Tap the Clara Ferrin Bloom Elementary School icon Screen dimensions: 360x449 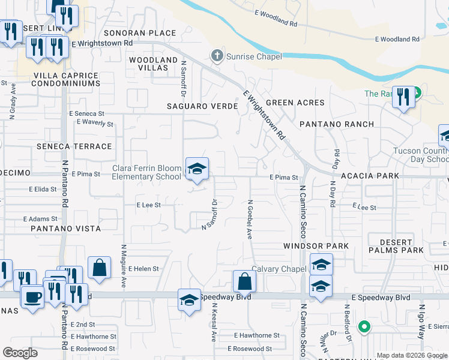(196, 169)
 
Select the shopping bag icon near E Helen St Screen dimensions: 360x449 (99, 268)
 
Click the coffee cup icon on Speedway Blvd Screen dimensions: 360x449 (32, 296)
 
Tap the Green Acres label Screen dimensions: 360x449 (295, 103)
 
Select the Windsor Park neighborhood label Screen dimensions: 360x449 (316, 247)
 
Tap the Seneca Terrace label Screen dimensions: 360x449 (74, 146)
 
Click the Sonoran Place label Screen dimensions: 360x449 (140, 34)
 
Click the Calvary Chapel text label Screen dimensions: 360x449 (279, 269)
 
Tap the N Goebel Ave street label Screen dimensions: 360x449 (249, 214)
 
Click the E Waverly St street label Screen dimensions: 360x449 (95, 124)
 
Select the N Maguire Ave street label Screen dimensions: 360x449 (123, 266)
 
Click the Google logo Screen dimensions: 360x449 (20, 353)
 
